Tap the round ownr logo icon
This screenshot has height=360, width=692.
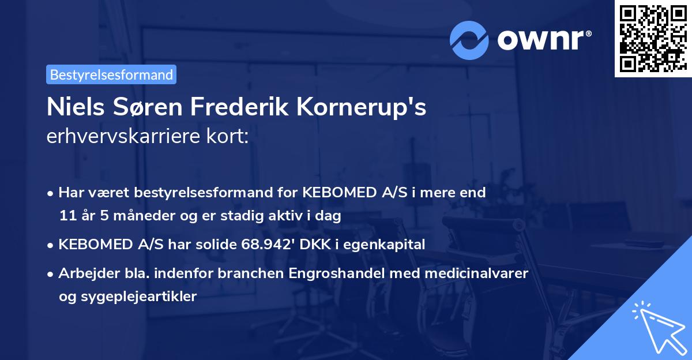469,40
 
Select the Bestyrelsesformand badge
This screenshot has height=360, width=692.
111,74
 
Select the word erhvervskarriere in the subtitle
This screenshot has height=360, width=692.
120,137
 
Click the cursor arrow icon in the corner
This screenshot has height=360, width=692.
657,326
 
